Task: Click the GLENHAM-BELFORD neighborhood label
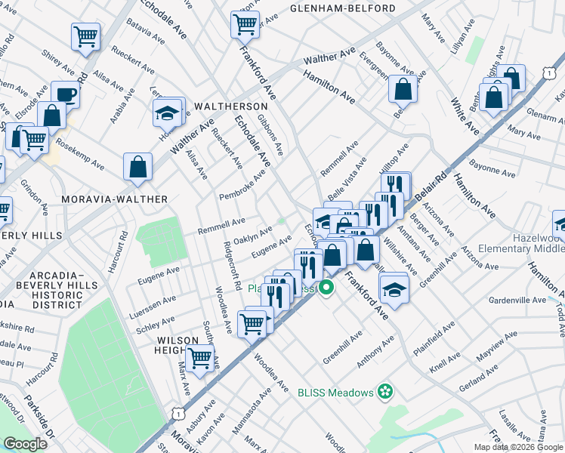pos(342,8)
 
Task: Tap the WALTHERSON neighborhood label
pos(231,106)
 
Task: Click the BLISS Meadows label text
pos(335,393)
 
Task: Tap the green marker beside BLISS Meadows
pos(385,392)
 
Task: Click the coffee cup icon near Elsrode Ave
pos(66,94)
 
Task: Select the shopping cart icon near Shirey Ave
pos(86,35)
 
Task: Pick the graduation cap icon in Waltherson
pos(168,111)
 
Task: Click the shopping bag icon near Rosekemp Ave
pos(138,167)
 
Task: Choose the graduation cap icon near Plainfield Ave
pos(394,289)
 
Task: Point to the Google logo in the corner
pos(25,444)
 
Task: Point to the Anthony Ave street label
pos(375,353)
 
